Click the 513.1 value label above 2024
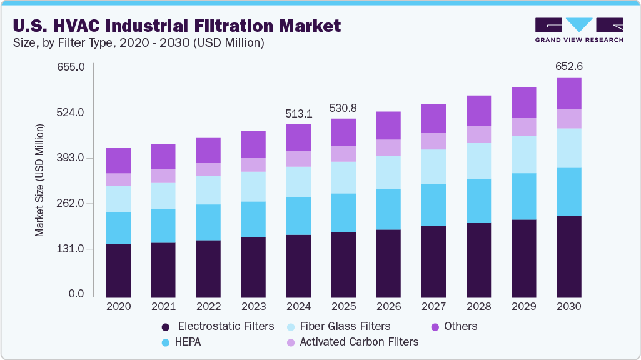pyautogui.click(x=298, y=114)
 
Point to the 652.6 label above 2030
pyautogui.click(x=569, y=66)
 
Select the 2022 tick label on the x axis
pyautogui.click(x=208, y=307)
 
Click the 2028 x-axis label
pyautogui.click(x=478, y=307)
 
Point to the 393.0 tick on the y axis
pyautogui.click(x=71, y=158)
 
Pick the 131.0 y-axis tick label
pyautogui.click(x=71, y=249)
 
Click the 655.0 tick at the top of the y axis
pyautogui.click(x=71, y=67)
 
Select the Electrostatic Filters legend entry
pyautogui.click(x=226, y=326)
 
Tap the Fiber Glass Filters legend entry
pyautogui.click(x=345, y=326)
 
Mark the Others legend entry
pyautogui.click(x=460, y=326)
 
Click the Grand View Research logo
pyautogui.click(x=579, y=29)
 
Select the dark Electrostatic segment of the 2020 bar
pyautogui.click(x=118, y=271)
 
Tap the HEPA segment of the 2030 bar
pyautogui.click(x=569, y=191)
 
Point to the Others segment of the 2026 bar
pyautogui.click(x=388, y=126)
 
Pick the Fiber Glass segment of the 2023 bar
pyautogui.click(x=253, y=186)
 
